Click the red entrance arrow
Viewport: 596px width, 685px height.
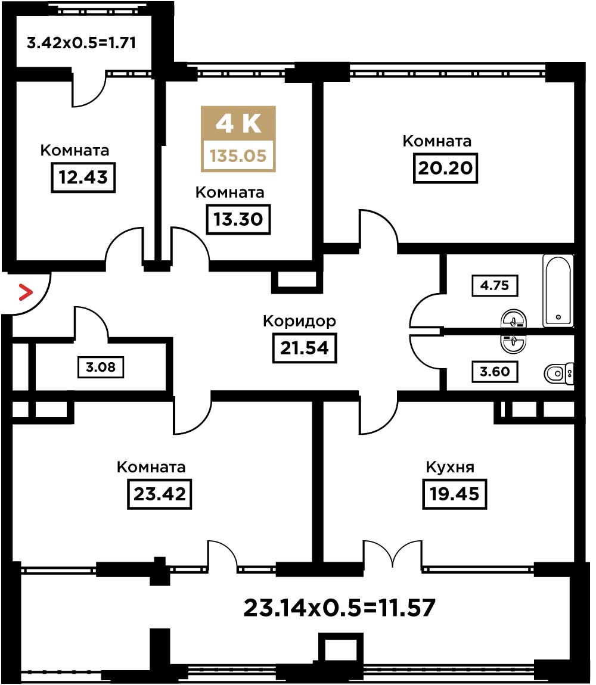26,292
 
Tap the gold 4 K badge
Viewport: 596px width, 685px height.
238,139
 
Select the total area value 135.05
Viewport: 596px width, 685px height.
238,155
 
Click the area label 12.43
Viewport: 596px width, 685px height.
83,178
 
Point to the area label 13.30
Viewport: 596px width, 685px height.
238,219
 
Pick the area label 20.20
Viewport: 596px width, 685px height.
446,168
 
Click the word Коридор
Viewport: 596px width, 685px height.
300,322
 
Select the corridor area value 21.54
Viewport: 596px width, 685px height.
305,348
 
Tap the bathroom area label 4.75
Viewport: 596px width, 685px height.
495,286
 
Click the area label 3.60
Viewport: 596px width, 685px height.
495,372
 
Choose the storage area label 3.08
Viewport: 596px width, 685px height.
101,367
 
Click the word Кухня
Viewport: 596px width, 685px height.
450,467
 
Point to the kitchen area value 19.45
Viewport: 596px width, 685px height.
455,494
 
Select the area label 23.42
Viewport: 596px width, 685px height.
160,494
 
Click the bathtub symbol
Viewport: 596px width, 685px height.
558,291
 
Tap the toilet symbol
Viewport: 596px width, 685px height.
559,373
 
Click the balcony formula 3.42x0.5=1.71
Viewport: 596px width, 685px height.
81,43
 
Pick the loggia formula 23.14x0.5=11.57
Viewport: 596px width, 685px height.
339,608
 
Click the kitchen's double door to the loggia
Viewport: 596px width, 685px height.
393,554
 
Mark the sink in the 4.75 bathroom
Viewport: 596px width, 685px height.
514,319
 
